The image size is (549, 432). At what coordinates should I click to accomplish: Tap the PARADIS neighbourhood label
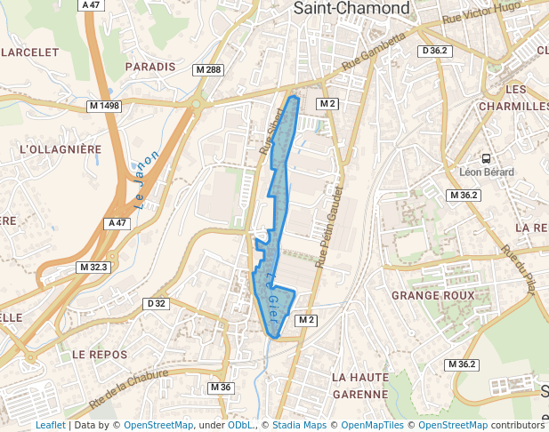150,67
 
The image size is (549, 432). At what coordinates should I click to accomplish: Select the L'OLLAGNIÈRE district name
61,149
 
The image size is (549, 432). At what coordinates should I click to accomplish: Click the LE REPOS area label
100,354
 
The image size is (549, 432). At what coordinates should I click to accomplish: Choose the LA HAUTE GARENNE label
360,385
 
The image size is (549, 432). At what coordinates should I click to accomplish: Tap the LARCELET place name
30,52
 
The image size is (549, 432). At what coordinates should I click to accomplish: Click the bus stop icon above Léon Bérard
487,156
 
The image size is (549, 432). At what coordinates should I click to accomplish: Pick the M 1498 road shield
104,106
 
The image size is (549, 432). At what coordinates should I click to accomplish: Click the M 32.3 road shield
93,267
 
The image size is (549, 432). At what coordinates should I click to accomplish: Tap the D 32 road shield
156,304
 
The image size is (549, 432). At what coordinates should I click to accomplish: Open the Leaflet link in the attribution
50,425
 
